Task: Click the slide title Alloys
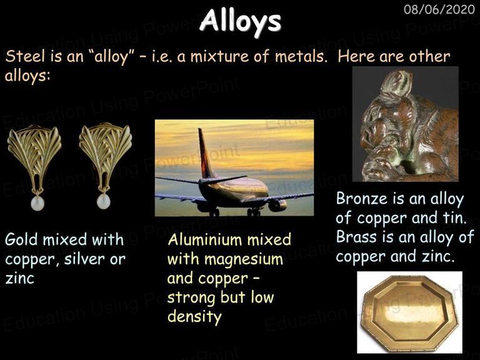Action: [240, 21]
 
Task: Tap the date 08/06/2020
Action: [439, 9]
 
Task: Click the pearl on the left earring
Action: [37, 203]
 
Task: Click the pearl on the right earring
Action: [103, 202]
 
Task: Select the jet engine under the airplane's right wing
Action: [277, 206]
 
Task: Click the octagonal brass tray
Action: [409, 312]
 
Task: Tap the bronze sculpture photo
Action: [405, 124]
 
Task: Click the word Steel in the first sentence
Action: [26, 56]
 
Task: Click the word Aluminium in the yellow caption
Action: [205, 239]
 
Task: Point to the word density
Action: [194, 317]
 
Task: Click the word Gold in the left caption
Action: [21, 239]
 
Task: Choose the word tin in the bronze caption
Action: [454, 217]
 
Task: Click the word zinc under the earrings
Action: [19, 279]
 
